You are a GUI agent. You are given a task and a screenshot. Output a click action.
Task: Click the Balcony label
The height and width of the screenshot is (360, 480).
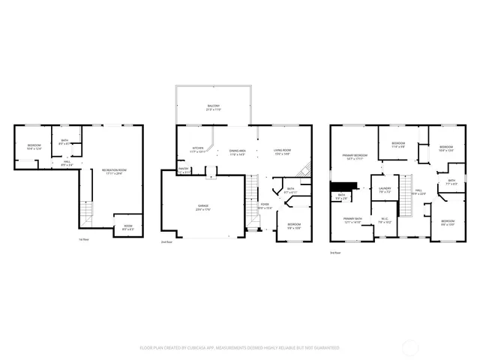point(214,107)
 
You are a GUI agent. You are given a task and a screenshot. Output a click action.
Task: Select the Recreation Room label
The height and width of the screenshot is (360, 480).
point(114,171)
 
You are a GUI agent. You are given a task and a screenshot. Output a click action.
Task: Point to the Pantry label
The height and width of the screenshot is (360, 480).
point(184,170)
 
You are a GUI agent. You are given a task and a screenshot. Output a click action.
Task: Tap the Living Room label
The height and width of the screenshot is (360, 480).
point(282,152)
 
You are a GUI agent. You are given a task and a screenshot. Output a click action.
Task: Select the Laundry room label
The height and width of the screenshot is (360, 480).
point(385,190)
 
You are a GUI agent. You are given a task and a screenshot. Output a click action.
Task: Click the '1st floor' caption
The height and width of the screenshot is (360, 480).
point(84,240)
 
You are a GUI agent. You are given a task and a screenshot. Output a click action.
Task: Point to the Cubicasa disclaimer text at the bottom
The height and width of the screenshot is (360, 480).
point(239,348)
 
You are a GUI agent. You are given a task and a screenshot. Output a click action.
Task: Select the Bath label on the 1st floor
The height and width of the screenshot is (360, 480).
point(65,142)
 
